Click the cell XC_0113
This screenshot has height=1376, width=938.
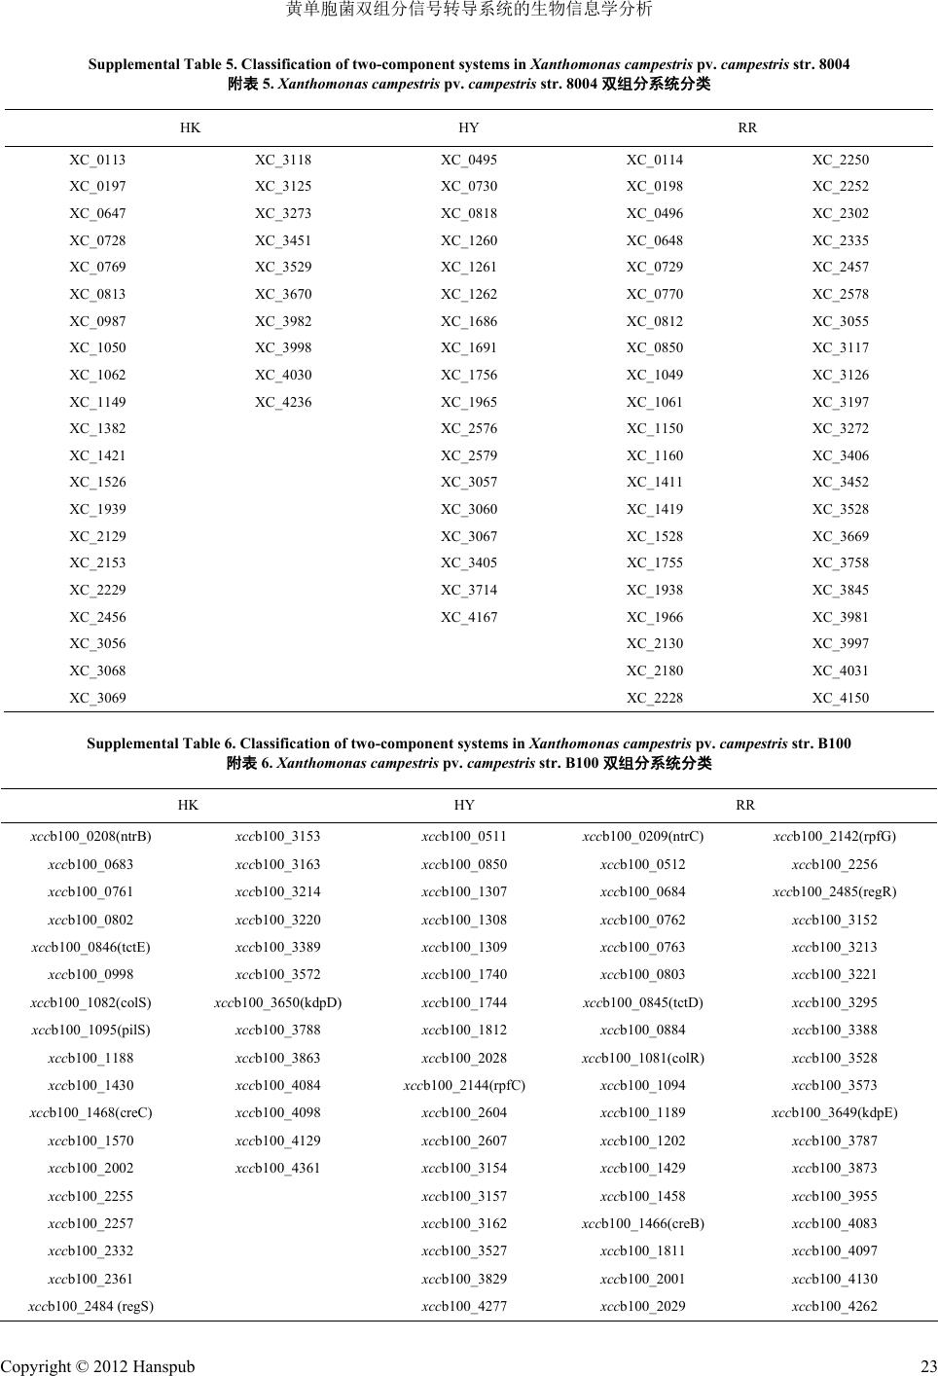97,160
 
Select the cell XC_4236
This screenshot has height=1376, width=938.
283,402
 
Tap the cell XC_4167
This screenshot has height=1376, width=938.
469,617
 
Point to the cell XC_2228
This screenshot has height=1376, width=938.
655,698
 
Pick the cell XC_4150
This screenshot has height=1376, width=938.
841,698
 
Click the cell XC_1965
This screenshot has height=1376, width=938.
469,402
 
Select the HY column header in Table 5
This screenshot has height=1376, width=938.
469,127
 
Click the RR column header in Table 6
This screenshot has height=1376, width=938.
745,805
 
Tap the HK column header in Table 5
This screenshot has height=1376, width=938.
190,127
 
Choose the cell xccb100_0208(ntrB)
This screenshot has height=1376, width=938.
90,836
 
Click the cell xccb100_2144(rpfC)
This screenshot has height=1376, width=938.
464,1085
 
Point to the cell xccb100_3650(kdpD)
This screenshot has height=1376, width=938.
278,1002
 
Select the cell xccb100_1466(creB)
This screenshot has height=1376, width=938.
643,1223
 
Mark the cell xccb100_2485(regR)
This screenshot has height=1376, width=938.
835,891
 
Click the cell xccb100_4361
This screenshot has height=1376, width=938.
278,1168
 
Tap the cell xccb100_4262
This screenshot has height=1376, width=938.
835,1306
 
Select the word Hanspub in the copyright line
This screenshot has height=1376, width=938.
162,1366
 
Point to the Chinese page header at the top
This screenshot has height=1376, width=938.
469,11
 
